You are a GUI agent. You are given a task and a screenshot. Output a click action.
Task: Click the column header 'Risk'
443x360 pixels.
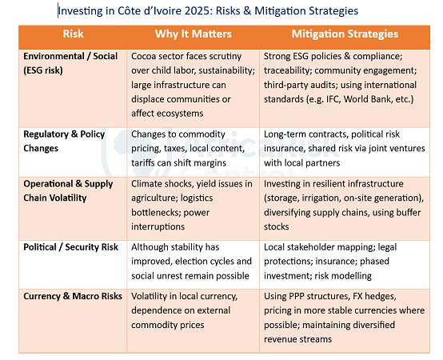[73, 34]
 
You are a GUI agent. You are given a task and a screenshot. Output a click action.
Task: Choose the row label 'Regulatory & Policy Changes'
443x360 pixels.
[64, 140]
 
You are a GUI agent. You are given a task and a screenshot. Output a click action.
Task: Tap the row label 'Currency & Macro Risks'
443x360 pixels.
[73, 296]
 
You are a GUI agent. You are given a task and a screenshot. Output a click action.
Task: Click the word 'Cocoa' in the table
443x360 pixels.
[146, 57]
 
